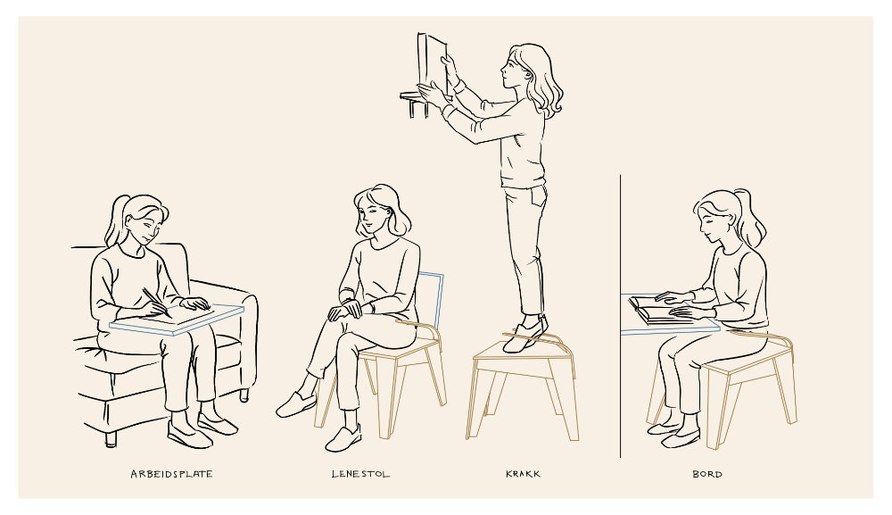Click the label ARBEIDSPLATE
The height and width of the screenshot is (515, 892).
tap(171, 474)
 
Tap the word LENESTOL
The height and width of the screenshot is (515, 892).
tap(360, 474)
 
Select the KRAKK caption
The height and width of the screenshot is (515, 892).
tap(523, 474)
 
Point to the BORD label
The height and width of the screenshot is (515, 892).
tap(707, 474)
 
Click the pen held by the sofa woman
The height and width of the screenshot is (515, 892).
tap(156, 303)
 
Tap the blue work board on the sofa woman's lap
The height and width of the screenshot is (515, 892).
tap(177, 320)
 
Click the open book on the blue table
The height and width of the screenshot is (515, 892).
tap(660, 310)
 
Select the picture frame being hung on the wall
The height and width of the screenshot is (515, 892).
tap(432, 64)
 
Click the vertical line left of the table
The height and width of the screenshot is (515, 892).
tap(620, 316)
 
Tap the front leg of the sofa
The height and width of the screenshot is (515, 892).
tap(111, 438)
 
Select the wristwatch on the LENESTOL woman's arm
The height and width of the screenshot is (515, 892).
tap(371, 307)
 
